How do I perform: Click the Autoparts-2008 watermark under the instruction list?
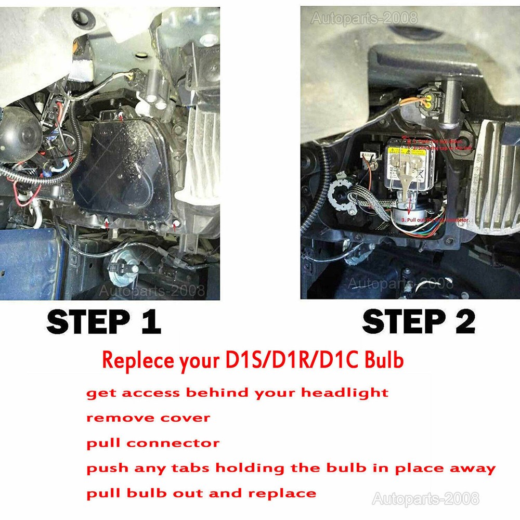(x=426, y=499)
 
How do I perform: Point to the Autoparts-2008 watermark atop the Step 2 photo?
(x=363, y=18)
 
